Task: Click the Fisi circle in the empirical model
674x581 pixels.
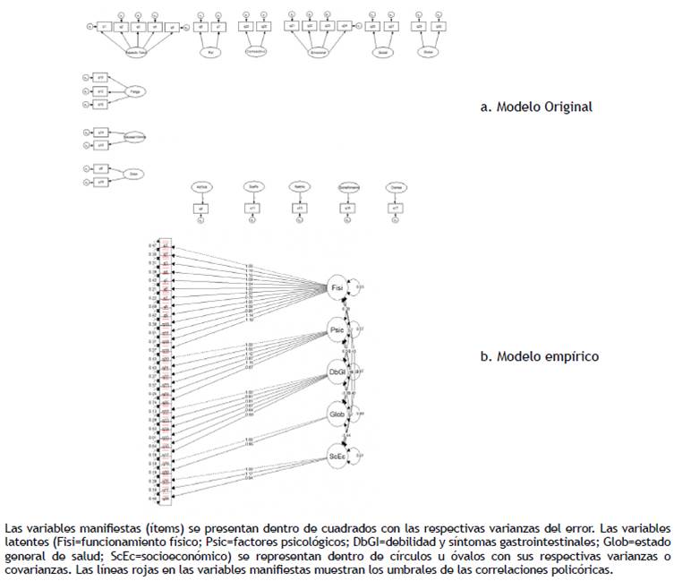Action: click(x=337, y=286)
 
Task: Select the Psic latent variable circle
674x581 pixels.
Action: click(x=337, y=328)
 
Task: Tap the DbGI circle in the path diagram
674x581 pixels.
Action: click(x=337, y=371)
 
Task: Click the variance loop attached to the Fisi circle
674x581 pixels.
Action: click(x=356, y=286)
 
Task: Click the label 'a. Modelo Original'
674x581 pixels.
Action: click(x=536, y=107)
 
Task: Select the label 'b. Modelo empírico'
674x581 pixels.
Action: click(x=540, y=356)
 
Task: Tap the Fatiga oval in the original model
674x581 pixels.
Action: click(x=135, y=90)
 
